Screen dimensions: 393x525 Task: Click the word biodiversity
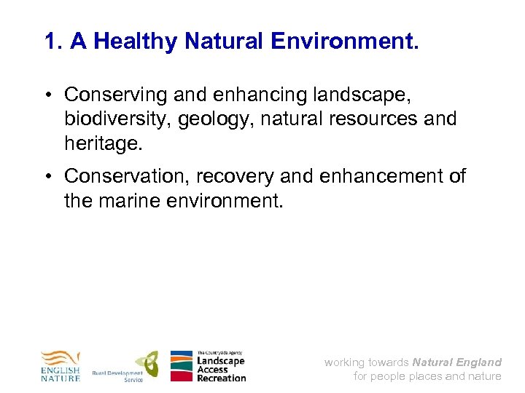tap(116, 118)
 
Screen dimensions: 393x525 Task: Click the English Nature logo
tap(60, 366)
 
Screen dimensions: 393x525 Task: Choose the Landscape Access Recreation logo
tap(209, 366)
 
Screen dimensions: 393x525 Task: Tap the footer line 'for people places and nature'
tap(427, 376)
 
